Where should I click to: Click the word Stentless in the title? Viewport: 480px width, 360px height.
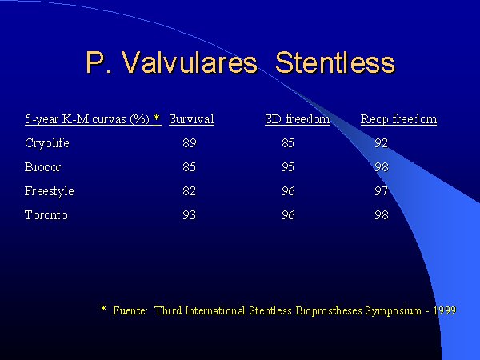coord(335,62)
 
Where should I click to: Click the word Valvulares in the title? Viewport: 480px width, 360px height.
coord(189,62)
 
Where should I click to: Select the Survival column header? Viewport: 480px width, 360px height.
coord(191,119)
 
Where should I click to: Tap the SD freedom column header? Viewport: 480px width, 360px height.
coord(298,119)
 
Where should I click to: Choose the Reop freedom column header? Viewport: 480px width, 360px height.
coord(398,119)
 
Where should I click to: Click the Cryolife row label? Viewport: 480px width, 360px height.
coord(47,143)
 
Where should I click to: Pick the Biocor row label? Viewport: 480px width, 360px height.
coord(43,167)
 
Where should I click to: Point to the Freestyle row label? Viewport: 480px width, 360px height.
coord(50,191)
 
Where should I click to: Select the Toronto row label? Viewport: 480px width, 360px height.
coord(46,215)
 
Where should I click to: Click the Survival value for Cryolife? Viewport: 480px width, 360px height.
coord(190,143)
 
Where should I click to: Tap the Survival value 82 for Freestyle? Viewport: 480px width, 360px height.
coord(189,191)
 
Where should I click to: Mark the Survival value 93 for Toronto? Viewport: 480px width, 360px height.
coord(189,215)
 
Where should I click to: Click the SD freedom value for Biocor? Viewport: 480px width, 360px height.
coord(288,167)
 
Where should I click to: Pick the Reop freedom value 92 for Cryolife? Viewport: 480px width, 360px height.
coord(382,143)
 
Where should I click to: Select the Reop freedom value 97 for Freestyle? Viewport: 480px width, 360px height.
coord(382,191)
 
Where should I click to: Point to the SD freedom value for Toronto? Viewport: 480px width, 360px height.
coord(288,215)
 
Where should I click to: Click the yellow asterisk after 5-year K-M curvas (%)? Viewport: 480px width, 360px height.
coord(157,118)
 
